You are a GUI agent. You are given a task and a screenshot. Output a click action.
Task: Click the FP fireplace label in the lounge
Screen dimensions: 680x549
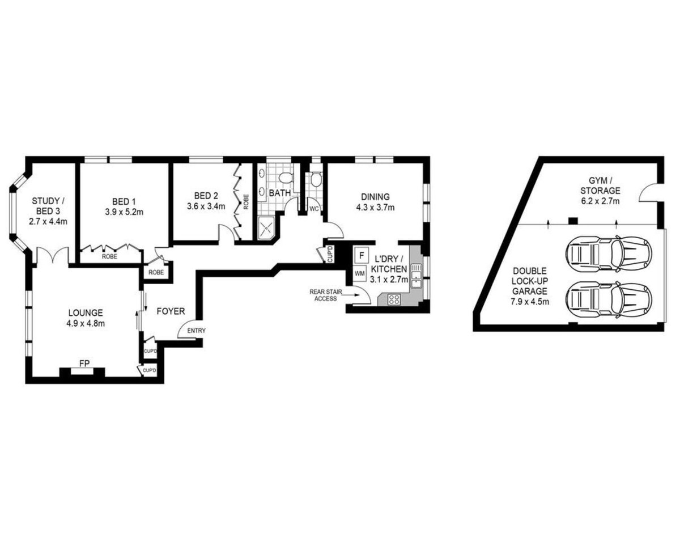(84, 364)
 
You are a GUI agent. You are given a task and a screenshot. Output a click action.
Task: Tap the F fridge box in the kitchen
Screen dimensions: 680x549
(362, 255)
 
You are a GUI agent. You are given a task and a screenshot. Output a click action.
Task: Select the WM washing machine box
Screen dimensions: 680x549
(360, 273)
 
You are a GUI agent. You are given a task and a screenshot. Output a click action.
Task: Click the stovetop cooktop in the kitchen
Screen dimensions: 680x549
(394, 299)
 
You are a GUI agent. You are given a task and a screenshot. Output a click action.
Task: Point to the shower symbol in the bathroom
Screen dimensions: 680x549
(267, 227)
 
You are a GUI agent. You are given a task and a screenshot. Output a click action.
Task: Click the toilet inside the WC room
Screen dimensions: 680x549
(316, 180)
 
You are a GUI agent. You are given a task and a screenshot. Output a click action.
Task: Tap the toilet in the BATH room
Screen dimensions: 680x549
(287, 178)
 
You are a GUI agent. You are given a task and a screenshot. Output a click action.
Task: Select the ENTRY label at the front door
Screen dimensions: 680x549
(197, 331)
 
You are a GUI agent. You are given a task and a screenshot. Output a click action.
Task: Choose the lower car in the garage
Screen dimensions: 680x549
(608, 300)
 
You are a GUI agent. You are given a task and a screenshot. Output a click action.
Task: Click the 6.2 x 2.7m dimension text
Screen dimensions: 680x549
(600, 201)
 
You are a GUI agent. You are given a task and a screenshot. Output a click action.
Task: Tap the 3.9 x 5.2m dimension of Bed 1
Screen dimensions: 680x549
(124, 212)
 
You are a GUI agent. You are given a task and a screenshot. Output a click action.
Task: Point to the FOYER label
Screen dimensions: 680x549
(171, 311)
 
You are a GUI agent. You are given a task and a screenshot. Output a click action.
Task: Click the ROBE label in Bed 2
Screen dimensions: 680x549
(246, 202)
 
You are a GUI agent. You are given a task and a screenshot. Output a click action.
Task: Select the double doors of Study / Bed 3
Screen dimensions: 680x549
(53, 255)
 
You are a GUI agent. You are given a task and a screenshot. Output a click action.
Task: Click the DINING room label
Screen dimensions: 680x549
(375, 197)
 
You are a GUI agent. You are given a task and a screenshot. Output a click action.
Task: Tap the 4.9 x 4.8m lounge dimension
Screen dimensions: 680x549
(86, 323)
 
